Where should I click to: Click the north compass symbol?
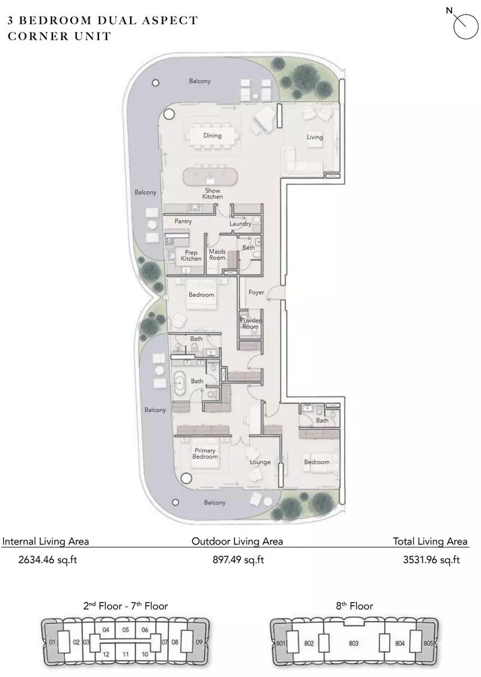[x=465, y=26]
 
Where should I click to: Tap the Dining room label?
[x=212, y=135]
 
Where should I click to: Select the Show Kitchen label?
[x=213, y=193]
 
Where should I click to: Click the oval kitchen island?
[x=210, y=177]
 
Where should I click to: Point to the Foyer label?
[x=256, y=292]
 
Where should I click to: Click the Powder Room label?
[x=251, y=323]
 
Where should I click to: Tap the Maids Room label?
[x=217, y=255]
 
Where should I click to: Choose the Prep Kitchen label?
[x=191, y=255]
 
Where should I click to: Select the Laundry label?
[x=240, y=224]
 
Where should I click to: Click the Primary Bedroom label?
[x=205, y=453]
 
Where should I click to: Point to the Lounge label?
[x=260, y=462]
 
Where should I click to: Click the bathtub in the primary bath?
[x=179, y=382]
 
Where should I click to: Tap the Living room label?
[x=314, y=137]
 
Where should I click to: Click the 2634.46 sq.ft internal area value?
[x=48, y=560]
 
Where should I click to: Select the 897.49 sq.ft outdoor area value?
[x=238, y=560]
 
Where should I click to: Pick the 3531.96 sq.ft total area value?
[x=431, y=560]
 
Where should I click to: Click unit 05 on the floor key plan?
[x=126, y=629]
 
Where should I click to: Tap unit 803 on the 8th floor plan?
[x=354, y=643]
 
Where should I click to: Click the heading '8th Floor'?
[x=355, y=606]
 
